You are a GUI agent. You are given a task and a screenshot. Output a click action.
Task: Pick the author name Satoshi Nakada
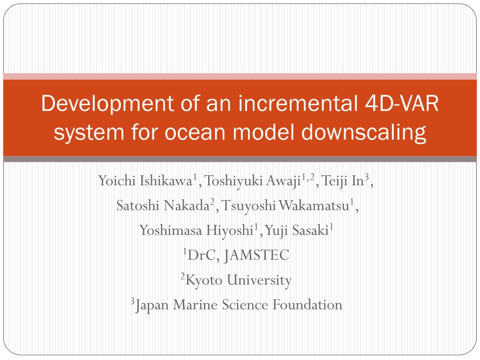click(163, 206)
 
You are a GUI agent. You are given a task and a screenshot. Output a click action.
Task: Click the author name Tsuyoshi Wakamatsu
click(285, 206)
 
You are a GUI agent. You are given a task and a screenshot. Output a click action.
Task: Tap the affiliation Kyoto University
click(239, 280)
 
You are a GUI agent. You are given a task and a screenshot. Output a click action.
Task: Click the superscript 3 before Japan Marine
click(133, 301)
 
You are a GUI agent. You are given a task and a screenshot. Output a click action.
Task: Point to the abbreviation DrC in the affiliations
click(202, 255)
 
